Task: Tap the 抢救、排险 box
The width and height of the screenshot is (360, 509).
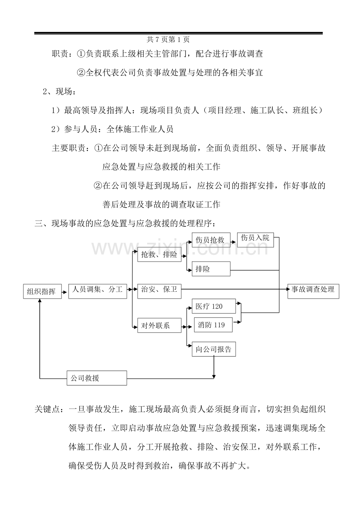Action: [159, 255]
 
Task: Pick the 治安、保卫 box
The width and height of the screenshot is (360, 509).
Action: [159, 290]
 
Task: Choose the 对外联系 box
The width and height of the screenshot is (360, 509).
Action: [159, 325]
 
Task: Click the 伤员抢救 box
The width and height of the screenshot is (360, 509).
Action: [211, 240]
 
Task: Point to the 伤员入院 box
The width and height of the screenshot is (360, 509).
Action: [256, 239]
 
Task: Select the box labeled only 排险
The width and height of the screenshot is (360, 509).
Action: [211, 270]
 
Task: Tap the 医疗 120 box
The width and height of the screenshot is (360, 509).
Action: [214, 306]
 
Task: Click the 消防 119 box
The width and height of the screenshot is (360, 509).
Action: [213, 325]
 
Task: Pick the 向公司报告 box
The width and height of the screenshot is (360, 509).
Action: [214, 349]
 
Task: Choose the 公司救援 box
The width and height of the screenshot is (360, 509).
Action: [97, 378]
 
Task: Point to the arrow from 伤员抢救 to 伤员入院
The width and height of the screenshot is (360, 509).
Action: [233, 240]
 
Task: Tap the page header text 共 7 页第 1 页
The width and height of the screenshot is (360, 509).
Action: [168, 39]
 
